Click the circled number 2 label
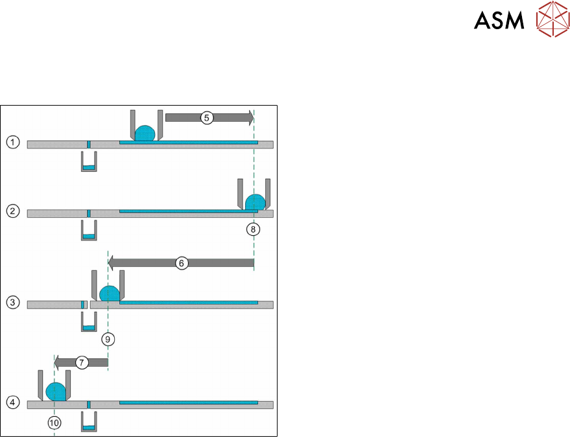12,212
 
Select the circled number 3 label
12,303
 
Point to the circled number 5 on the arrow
206,118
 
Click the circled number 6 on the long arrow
182,263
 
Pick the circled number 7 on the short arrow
82,362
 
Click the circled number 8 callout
254,228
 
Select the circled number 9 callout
108,338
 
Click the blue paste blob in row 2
255,202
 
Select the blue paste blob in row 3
109,293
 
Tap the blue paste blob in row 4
56,391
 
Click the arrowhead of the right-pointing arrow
248,117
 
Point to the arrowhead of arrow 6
112,263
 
